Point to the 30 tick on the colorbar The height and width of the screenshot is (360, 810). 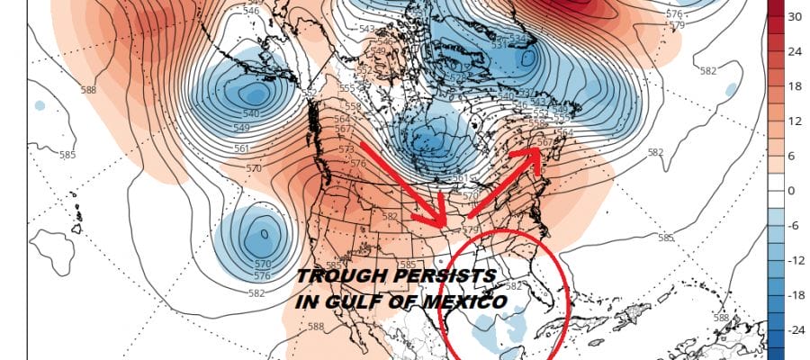tap(795, 16)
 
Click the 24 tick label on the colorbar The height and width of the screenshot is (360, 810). tap(795, 51)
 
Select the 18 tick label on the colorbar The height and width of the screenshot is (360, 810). tap(795, 86)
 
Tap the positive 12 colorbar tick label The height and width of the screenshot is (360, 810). tap(795, 121)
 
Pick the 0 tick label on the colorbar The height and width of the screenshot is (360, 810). tap(792, 191)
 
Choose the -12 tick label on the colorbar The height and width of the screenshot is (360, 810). tap(796, 261)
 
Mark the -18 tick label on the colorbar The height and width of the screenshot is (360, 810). tap(796, 295)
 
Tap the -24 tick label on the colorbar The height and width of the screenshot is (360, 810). tap(796, 330)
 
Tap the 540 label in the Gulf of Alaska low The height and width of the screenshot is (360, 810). tap(251, 113)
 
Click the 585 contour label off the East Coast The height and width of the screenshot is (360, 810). tap(665, 238)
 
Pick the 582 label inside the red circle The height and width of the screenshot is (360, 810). tap(514, 285)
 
